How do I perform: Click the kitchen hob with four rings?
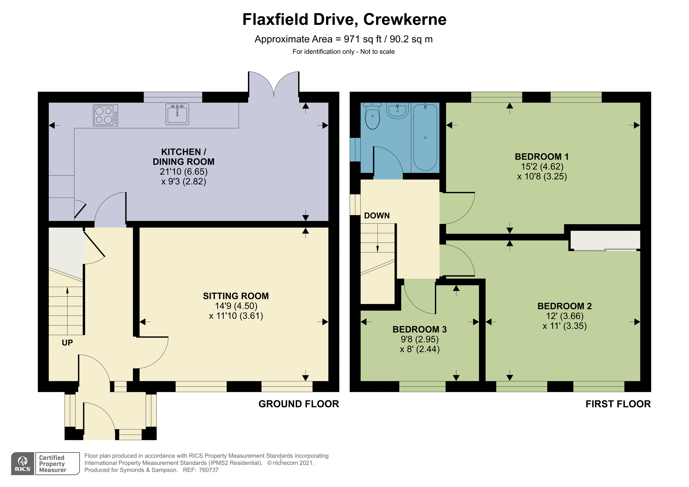coord(105,115)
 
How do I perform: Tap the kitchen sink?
coord(177,114)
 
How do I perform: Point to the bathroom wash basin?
coord(398,111)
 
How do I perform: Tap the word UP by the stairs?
coord(67,343)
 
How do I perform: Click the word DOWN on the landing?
coord(377,216)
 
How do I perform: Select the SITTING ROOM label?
coord(236,296)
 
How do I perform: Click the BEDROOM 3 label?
coord(420,329)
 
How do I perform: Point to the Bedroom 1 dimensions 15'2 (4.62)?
coord(542,166)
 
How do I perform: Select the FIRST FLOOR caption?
coord(618,404)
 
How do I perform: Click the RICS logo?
coord(23,464)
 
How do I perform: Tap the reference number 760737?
coord(209,470)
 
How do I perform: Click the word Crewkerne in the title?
coord(405,20)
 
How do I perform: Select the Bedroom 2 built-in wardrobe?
coord(605,240)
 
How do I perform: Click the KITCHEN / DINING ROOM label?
coord(184,157)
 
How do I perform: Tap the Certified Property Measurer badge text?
coord(53,464)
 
